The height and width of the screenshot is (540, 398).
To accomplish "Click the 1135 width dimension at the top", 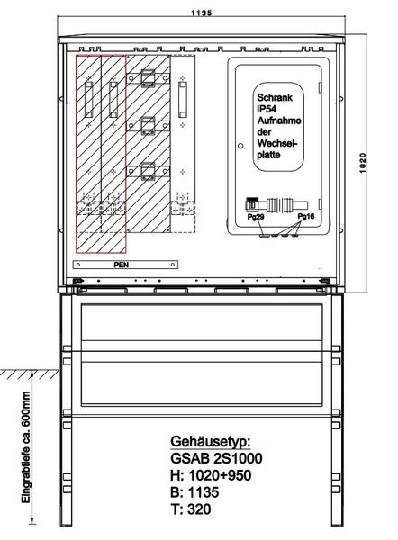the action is (x=202, y=13).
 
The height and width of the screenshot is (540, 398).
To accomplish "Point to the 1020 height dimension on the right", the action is (x=363, y=163).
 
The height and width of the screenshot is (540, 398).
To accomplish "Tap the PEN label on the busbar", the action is (x=122, y=265).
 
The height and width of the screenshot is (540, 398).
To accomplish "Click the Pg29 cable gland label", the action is (x=256, y=217).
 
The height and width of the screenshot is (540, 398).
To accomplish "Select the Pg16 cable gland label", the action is (x=306, y=216).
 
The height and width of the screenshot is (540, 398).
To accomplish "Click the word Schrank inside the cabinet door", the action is (x=275, y=97).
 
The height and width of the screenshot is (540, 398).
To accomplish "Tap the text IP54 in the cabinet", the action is (x=267, y=109).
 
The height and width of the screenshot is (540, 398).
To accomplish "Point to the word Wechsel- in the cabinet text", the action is (x=276, y=143).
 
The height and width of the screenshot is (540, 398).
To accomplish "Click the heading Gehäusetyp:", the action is (x=211, y=441).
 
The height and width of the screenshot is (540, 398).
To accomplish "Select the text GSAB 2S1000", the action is (x=216, y=458).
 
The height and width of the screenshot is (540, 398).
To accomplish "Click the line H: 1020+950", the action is (x=211, y=475).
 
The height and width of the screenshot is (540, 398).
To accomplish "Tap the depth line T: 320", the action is (x=191, y=509).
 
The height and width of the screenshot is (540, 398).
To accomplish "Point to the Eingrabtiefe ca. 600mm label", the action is (x=26, y=446).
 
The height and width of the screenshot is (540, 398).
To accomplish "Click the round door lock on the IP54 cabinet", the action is (x=240, y=146).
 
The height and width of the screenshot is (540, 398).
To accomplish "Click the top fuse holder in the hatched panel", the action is (x=149, y=78).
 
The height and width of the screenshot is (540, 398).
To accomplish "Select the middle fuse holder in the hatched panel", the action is (x=149, y=126).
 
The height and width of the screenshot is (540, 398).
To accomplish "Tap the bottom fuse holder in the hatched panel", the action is (x=149, y=171).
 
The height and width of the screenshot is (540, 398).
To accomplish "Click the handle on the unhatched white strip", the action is (x=183, y=100).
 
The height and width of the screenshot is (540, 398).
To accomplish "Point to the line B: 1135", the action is (x=194, y=492).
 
